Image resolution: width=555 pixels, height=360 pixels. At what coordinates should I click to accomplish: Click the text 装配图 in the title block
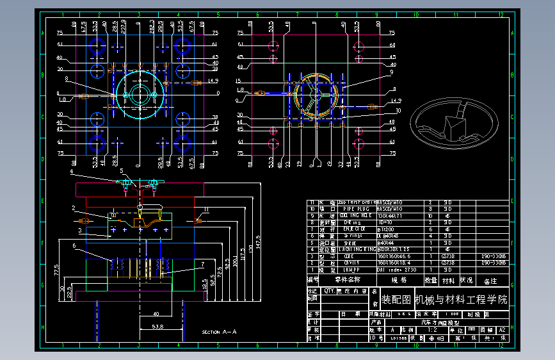(x=396, y=299)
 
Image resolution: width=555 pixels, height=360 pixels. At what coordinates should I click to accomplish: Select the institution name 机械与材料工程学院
(x=461, y=299)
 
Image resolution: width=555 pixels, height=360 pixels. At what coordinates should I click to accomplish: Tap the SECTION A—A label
(x=219, y=332)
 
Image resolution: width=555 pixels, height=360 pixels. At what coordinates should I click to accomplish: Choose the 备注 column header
(x=490, y=281)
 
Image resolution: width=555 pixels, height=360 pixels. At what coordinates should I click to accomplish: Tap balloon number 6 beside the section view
(x=74, y=245)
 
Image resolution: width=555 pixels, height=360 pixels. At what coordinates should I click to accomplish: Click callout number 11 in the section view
(x=206, y=209)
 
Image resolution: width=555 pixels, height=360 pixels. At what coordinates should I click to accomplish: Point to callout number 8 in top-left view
(x=66, y=79)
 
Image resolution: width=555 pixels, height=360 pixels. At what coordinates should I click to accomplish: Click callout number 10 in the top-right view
(x=398, y=111)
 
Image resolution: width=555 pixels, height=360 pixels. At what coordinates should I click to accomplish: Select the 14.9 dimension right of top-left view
(x=213, y=81)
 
